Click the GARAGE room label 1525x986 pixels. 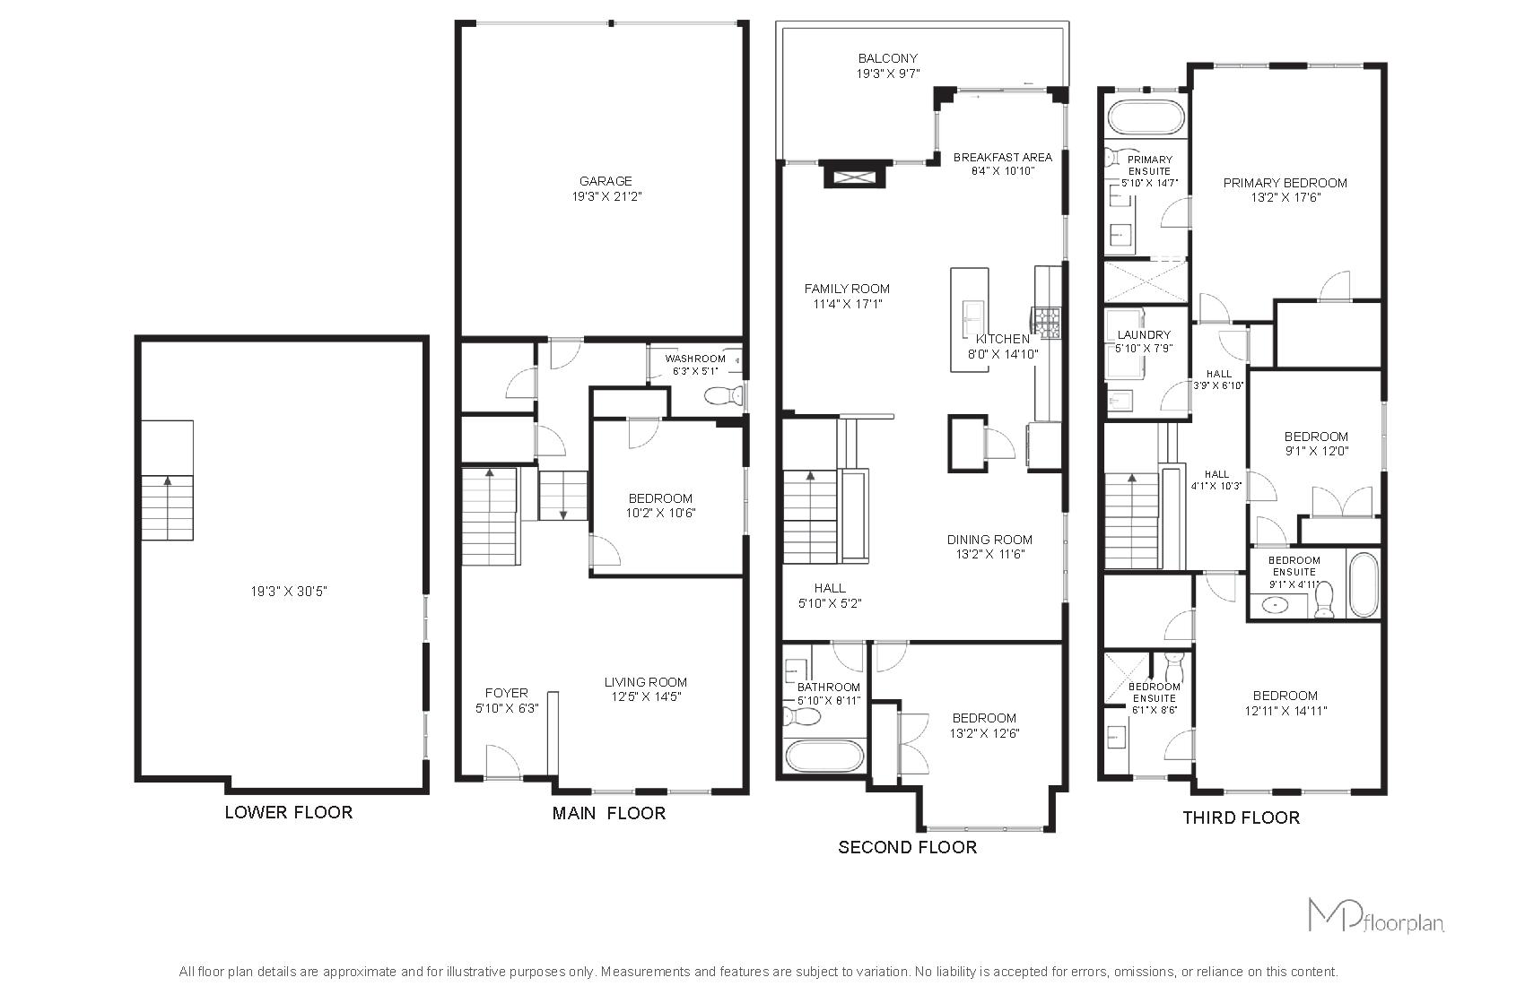click(x=606, y=181)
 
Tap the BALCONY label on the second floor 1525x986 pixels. click(x=888, y=58)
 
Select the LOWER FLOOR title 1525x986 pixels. click(x=289, y=812)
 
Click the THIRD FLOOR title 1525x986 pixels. click(x=1242, y=817)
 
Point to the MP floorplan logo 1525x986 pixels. click(x=1375, y=915)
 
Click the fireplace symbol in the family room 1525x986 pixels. click(x=854, y=177)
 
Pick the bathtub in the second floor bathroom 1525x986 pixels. click(x=824, y=756)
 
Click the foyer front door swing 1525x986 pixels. click(x=503, y=760)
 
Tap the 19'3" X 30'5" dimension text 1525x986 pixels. click(x=289, y=592)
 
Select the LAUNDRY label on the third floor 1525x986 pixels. click(x=1144, y=334)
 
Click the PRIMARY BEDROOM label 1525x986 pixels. click(x=1285, y=182)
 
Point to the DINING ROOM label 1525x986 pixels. click(x=989, y=540)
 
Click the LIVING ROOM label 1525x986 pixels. click(x=645, y=682)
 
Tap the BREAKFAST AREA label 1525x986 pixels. click(x=1002, y=157)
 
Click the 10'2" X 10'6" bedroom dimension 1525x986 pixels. click(x=659, y=513)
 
